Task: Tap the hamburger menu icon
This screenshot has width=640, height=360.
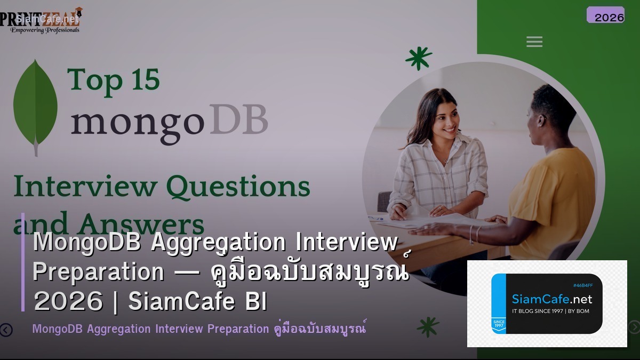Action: [534, 42]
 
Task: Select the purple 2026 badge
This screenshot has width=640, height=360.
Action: [605, 15]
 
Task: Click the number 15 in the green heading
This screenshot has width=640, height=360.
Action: [142, 80]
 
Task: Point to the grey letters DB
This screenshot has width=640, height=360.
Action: [238, 121]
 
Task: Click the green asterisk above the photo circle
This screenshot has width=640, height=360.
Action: [418, 58]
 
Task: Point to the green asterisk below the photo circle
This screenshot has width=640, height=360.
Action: [428, 326]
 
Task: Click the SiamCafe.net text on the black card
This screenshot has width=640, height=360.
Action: [551, 299]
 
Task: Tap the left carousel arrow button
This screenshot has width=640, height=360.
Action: [6, 330]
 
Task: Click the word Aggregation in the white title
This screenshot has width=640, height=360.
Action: [219, 243]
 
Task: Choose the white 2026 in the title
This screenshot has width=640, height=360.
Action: [68, 302]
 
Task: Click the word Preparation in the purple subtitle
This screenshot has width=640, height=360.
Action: [238, 329]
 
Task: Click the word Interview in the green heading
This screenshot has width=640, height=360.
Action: [85, 187]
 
